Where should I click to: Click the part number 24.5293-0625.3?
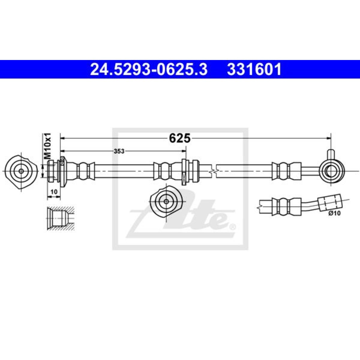pos(149,69)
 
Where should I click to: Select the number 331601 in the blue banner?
pos(254,69)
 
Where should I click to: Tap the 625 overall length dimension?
pos(179,138)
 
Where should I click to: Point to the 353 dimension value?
pos(119,151)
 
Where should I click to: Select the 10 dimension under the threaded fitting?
pos(54,192)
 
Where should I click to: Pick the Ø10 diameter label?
pos(335,213)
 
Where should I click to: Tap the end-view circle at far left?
pos(21,171)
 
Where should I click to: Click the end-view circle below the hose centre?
pos(166,201)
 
